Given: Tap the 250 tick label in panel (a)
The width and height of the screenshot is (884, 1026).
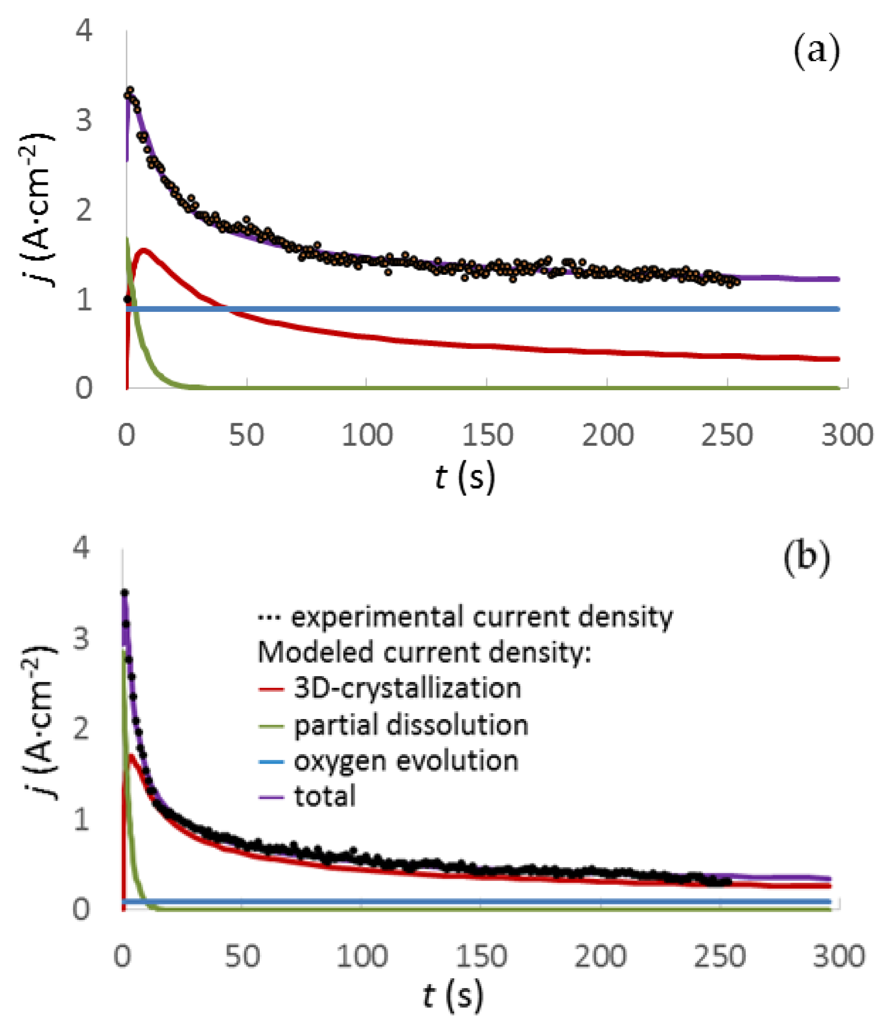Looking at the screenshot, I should pyautogui.click(x=726, y=436).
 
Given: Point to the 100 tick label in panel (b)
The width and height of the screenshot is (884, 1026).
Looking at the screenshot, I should pyautogui.click(x=362, y=956).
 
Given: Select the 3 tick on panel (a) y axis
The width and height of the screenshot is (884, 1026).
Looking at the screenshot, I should pyautogui.click(x=84, y=120).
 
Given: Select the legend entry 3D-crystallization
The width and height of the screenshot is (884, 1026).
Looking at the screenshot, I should pyautogui.click(x=407, y=688).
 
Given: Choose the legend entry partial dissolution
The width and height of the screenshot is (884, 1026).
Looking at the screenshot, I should pyautogui.click(x=411, y=725).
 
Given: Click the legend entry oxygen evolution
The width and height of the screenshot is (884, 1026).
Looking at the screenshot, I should pyautogui.click(x=406, y=760).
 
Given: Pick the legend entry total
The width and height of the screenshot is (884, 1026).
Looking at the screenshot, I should pyautogui.click(x=325, y=796).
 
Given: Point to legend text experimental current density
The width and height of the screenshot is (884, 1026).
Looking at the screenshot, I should pyautogui.click(x=481, y=617).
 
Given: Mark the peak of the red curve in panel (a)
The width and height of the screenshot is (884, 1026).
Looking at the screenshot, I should pyautogui.click(x=144, y=250).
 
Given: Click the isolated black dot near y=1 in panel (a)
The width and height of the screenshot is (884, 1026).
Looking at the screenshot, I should pyautogui.click(x=127, y=299).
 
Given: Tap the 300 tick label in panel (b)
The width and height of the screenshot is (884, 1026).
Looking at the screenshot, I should pyautogui.click(x=839, y=956).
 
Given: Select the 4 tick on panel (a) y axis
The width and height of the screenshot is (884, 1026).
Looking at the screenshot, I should pyautogui.click(x=84, y=32).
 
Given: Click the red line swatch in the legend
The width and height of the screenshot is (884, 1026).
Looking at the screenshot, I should pyautogui.click(x=271, y=689).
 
